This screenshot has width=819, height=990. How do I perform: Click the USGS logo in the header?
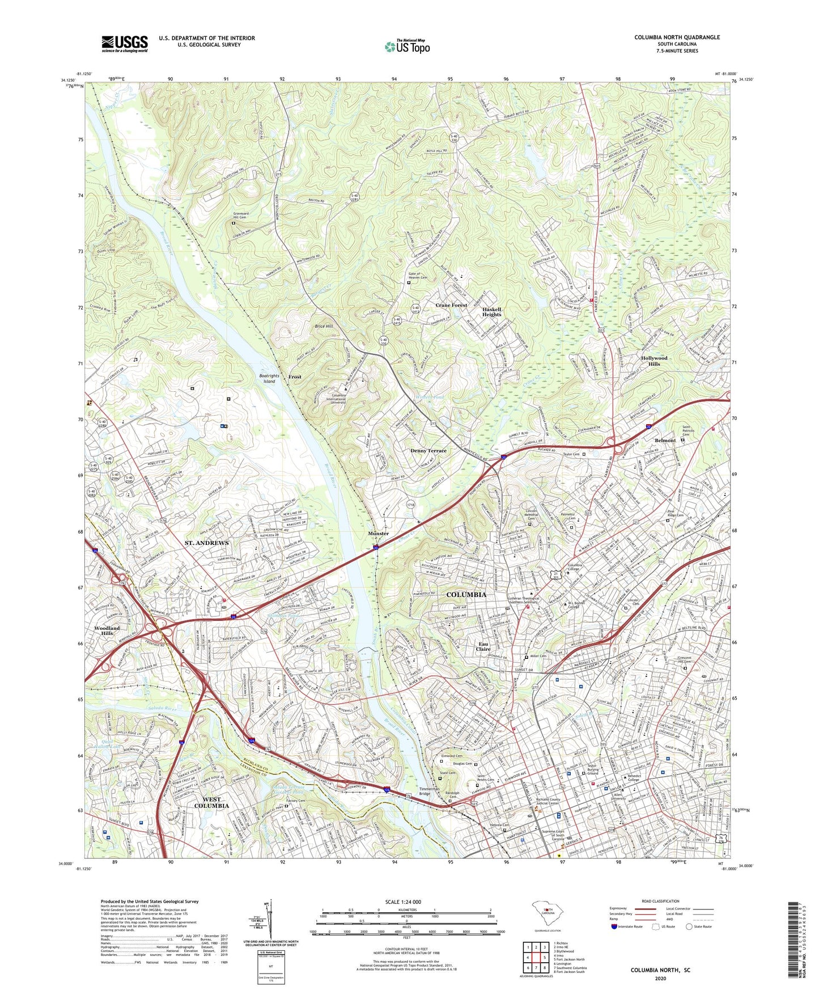click(x=125, y=43)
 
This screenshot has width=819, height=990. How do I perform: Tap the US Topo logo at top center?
click(x=407, y=46)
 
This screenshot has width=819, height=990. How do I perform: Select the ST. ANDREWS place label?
click(x=206, y=543)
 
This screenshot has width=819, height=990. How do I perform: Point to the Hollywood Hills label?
click(x=654, y=361)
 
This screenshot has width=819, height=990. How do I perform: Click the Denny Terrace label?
click(x=428, y=450)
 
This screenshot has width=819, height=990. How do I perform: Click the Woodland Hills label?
click(x=107, y=631)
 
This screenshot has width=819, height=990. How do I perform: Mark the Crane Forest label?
click(x=451, y=305)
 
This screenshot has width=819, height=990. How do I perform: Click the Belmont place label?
click(x=665, y=440)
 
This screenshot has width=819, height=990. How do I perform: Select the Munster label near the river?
click(x=378, y=534)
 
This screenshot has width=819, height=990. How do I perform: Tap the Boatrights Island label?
click(x=269, y=378)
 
